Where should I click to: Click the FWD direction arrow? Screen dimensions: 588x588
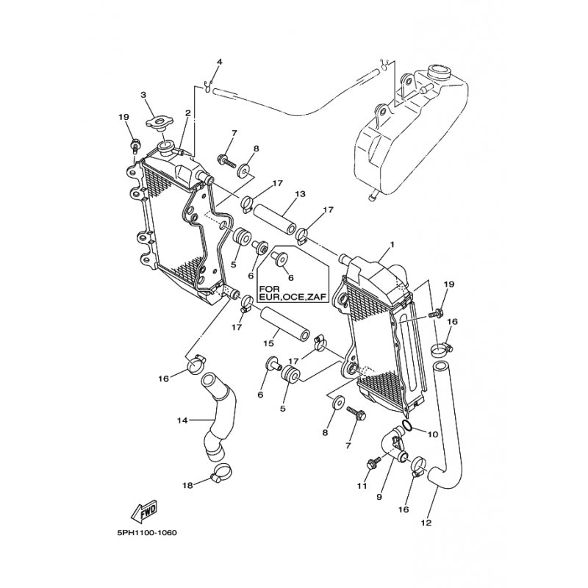click(144, 510)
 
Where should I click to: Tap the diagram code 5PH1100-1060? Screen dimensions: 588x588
click(147, 533)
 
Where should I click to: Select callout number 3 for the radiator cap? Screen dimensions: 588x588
click(143, 95)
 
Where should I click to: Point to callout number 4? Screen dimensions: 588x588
click(220, 62)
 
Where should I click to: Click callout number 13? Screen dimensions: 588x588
click(301, 194)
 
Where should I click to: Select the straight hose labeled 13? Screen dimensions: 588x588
click(275, 218)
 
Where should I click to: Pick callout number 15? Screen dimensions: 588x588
click(268, 343)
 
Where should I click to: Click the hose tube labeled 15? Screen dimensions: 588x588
click(284, 323)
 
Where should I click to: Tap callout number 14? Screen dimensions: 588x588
click(182, 420)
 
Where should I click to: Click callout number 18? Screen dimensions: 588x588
click(187, 486)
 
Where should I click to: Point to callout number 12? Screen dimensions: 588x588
click(426, 523)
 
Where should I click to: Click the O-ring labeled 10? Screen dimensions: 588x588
click(407, 425)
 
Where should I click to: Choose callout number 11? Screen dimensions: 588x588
click(362, 487)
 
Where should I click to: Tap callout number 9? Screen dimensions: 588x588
click(379, 497)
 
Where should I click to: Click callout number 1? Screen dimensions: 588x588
click(392, 245)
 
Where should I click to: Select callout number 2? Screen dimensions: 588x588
click(188, 112)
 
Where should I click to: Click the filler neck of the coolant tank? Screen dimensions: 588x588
click(438, 71)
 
